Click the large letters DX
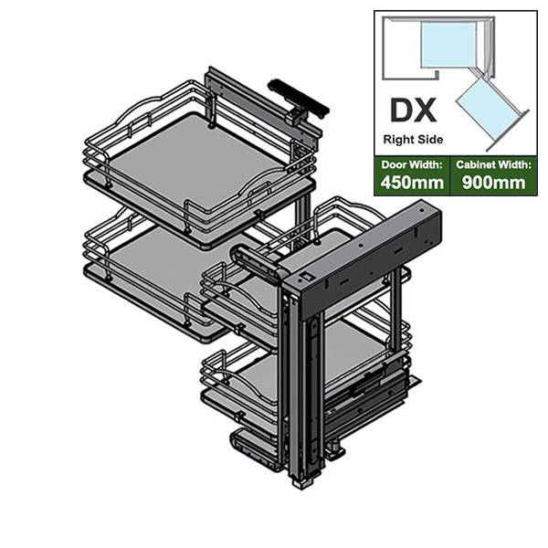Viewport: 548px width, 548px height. (x=414, y=111)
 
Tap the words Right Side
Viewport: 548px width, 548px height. (x=413, y=140)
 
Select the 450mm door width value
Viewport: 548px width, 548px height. (x=413, y=183)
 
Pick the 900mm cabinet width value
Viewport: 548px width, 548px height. (x=493, y=183)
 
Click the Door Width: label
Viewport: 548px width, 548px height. (x=413, y=164)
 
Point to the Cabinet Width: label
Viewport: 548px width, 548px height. (x=493, y=164)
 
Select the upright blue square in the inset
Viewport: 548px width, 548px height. (x=448, y=45)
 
